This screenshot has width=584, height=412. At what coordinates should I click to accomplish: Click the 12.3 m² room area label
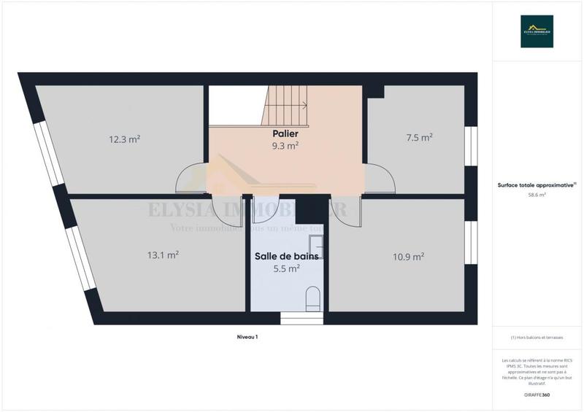[x=124, y=139]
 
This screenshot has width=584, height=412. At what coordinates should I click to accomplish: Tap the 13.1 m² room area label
[x=163, y=255]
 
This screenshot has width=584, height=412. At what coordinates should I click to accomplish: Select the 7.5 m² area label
[x=419, y=137]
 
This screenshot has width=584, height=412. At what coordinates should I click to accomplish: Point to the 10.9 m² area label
[x=409, y=257]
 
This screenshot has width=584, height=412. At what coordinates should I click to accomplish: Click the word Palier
[x=285, y=134]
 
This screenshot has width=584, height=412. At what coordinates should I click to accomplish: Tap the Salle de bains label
[x=286, y=256]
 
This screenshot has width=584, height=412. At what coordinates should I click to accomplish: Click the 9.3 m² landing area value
[x=285, y=146]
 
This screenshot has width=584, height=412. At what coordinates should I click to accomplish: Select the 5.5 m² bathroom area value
[x=286, y=268]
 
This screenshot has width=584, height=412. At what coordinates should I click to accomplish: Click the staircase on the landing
[x=287, y=106]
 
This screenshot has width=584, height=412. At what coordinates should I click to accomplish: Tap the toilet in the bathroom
[x=312, y=298]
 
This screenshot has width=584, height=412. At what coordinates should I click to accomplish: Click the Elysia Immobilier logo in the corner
[x=537, y=31]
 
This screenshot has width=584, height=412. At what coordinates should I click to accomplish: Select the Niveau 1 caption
[x=247, y=337]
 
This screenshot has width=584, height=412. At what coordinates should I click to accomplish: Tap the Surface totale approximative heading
[x=537, y=184]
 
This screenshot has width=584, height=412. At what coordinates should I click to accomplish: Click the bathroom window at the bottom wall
[x=301, y=319]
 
